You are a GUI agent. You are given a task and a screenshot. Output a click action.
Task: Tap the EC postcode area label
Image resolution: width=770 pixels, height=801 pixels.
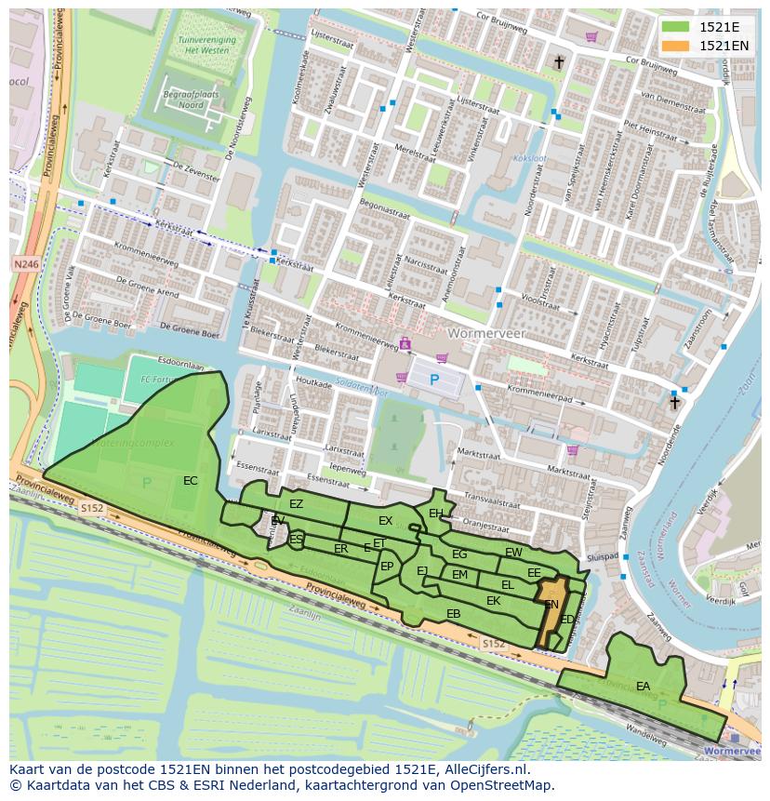point(190,481)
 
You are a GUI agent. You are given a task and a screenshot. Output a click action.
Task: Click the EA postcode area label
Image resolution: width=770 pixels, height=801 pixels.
point(643,687)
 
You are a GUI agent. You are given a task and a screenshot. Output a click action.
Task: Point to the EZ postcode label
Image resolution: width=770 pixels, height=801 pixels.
point(296,504)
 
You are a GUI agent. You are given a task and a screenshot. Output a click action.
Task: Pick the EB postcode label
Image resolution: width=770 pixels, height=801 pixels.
point(453,614)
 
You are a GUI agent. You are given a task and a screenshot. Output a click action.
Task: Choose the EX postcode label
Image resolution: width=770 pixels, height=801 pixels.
point(385,521)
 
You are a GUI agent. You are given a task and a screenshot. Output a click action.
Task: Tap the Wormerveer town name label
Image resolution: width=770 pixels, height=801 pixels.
point(485,332)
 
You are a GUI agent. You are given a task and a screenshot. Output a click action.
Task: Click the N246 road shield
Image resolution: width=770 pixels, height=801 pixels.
point(26,265)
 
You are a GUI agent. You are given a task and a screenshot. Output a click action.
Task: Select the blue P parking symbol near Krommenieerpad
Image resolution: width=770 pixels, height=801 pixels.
point(433,380)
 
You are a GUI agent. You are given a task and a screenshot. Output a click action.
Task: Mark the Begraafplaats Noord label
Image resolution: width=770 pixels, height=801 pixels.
point(182,100)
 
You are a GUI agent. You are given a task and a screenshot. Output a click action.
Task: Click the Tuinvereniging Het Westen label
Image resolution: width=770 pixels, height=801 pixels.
point(206,47)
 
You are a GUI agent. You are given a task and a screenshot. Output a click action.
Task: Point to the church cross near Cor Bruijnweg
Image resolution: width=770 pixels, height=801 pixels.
point(559,62)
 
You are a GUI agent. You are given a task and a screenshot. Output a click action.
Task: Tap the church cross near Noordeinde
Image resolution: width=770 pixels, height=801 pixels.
point(674,403)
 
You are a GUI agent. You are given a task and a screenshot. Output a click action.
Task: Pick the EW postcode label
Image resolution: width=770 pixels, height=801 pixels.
point(513,553)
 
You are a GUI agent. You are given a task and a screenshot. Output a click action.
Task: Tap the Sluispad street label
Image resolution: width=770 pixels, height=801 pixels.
point(603,556)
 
